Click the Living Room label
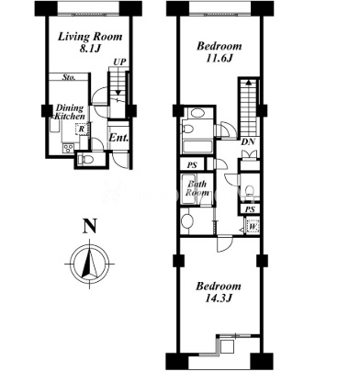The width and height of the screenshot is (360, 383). (x=90, y=37)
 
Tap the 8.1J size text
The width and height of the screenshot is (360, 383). (x=90, y=49)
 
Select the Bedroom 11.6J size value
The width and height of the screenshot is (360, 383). (x=219, y=58)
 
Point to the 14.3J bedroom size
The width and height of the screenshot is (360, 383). (x=219, y=298)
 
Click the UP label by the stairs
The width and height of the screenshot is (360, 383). (x=119, y=62)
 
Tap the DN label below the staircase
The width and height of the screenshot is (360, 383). (x=248, y=142)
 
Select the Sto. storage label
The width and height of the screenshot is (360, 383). (x=69, y=77)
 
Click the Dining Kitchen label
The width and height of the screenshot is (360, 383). (x=70, y=112)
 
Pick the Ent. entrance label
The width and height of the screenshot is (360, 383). (x=118, y=138)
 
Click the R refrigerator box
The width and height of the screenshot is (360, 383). (x=82, y=129)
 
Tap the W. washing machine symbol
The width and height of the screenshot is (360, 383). (x=253, y=227)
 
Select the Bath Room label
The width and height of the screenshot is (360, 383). (x=197, y=188)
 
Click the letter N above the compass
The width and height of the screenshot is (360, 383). (x=89, y=226)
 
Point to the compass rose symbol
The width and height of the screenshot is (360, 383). (x=89, y=264)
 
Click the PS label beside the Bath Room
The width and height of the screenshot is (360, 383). (x=192, y=165)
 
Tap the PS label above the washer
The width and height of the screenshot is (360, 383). (x=250, y=209)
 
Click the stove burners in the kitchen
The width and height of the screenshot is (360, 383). (x=68, y=149)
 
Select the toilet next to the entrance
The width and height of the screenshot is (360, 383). (x=83, y=160)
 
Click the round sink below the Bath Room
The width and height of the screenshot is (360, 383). (x=186, y=220)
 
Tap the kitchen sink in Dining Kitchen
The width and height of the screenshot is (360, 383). (x=55, y=126)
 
